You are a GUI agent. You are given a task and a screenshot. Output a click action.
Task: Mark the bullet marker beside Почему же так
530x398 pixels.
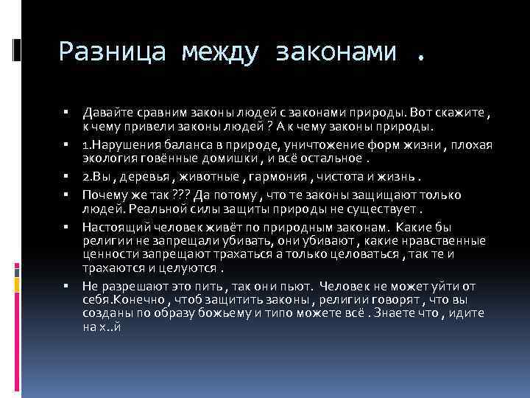tap(66, 196)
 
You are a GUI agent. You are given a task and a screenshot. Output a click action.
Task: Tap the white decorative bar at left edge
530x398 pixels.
tap(16, 49)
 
